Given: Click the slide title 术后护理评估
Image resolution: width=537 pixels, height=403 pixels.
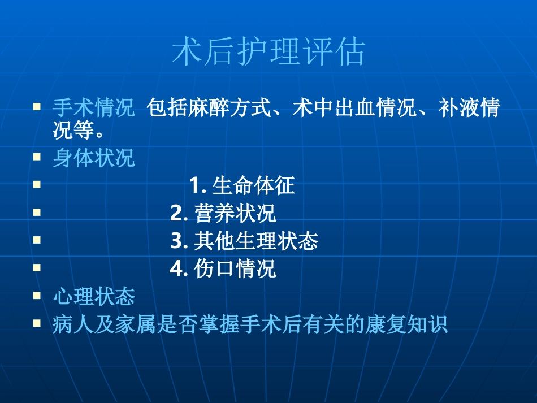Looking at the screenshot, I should [268, 52].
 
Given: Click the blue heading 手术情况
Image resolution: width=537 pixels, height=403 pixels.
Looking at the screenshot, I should [94, 108].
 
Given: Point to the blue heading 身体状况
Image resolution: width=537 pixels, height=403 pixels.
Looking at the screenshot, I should [94, 158].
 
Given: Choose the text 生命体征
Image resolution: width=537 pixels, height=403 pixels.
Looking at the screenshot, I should [254, 185].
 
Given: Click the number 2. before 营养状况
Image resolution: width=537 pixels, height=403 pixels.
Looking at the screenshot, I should [179, 213].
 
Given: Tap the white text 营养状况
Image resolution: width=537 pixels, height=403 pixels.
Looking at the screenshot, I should [235, 213].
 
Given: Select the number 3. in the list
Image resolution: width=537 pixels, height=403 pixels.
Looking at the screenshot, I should [179, 241].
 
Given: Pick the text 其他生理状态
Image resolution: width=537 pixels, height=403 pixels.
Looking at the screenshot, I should [256, 241].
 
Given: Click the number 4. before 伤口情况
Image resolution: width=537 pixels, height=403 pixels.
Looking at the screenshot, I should [179, 268].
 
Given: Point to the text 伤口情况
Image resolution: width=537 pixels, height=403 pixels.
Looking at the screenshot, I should [235, 268].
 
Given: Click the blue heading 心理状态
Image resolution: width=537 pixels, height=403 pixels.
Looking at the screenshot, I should [94, 296].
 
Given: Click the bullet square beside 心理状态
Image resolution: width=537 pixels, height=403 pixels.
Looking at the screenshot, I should [37, 295].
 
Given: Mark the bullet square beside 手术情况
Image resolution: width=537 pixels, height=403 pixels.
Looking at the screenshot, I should [37, 106].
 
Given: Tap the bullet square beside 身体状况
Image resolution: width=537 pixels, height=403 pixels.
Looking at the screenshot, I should [37, 157].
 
